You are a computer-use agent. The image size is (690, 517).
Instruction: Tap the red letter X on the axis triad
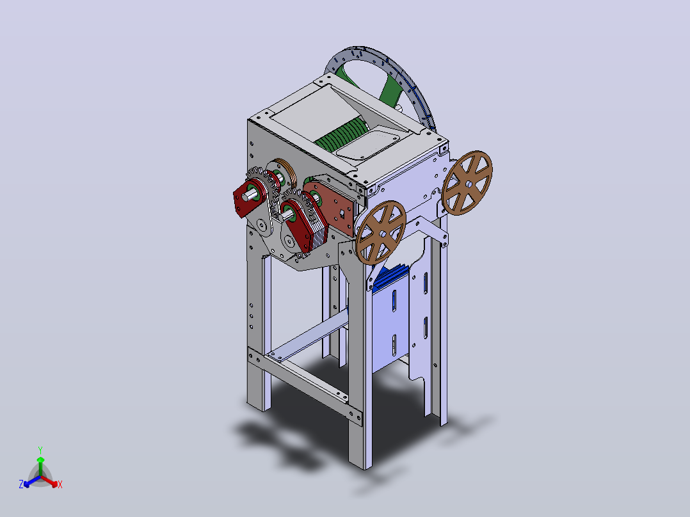pyautogui.click(x=60, y=484)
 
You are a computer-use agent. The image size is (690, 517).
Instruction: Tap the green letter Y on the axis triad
pyautogui.click(x=40, y=450)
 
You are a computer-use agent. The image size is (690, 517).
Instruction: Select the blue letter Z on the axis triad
pyautogui.click(x=21, y=484)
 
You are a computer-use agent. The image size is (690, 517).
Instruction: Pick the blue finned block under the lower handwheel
pyautogui.click(x=392, y=277)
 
